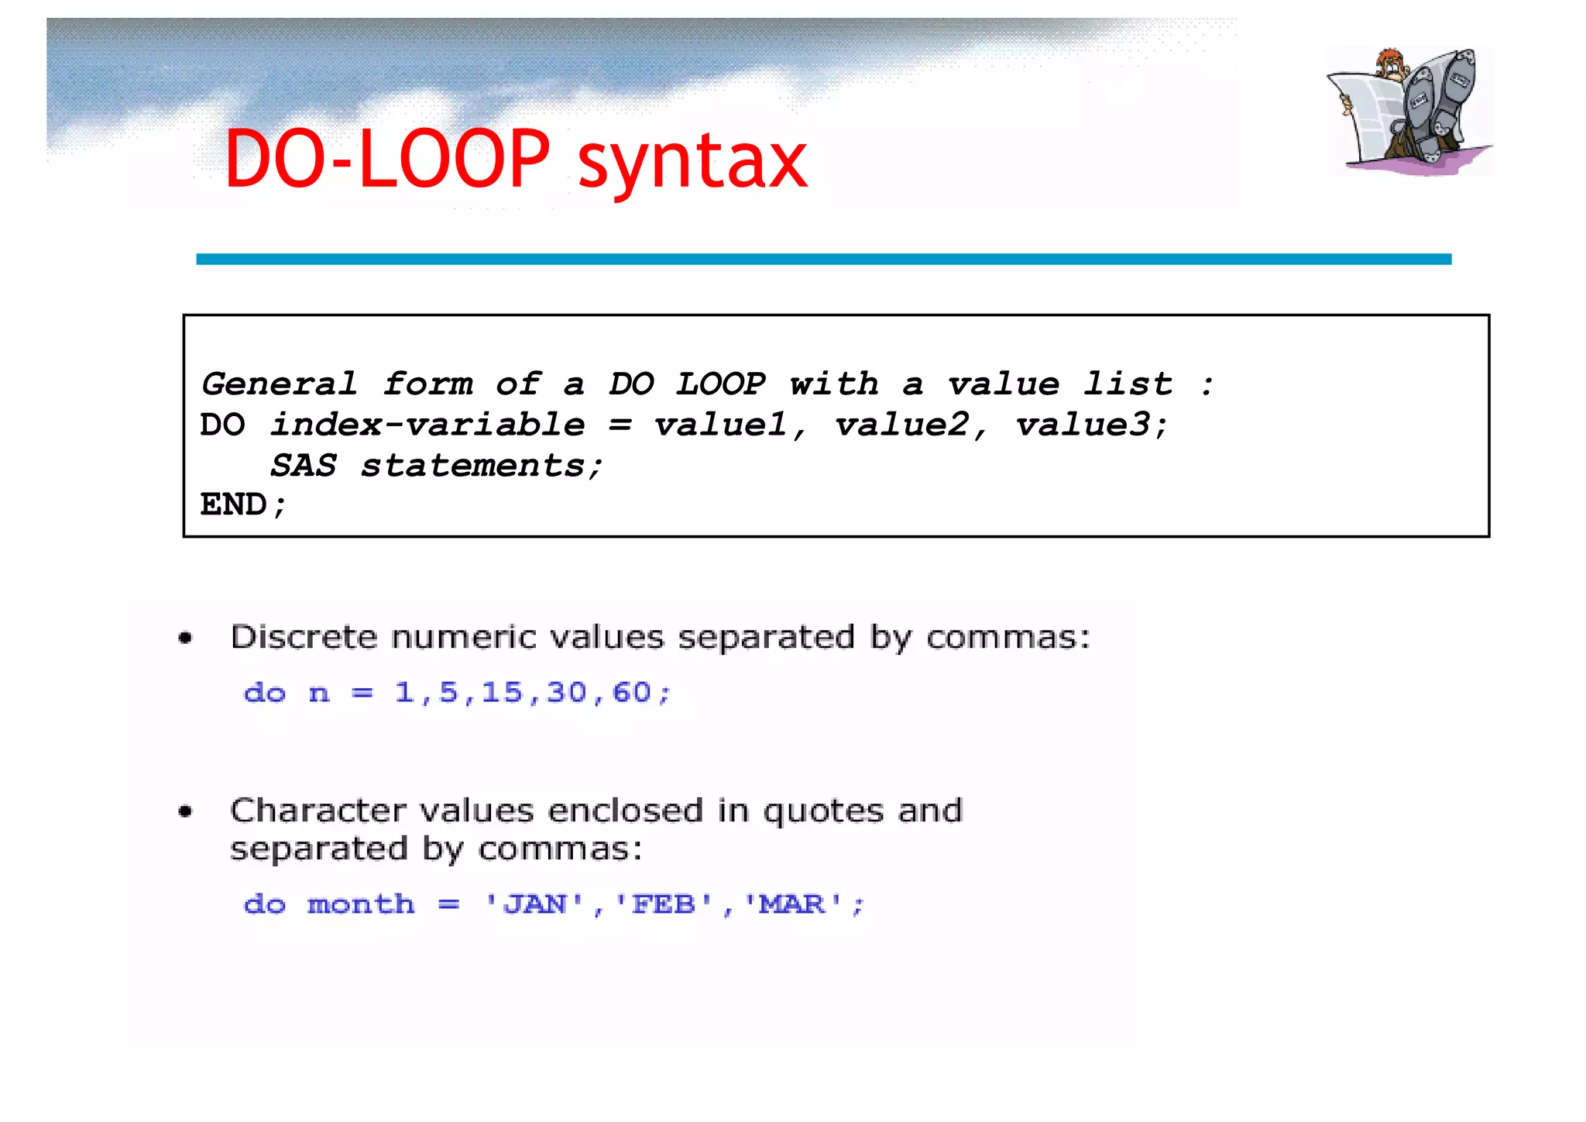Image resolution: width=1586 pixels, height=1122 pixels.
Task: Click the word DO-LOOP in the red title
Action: pyautogui.click(x=387, y=160)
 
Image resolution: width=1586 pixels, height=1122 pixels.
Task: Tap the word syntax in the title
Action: pyautogui.click(x=692, y=163)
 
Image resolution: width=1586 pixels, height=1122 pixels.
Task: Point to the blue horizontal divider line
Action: pyautogui.click(x=823, y=259)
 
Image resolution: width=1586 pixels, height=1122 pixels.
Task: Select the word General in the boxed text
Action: pyautogui.click(x=280, y=384)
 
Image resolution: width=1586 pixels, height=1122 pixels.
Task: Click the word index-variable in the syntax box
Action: pyautogui.click(x=427, y=425)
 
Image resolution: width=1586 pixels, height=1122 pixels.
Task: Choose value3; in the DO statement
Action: pyautogui.click(x=1090, y=425)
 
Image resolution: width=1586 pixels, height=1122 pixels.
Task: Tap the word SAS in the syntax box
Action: pyautogui.click(x=303, y=466)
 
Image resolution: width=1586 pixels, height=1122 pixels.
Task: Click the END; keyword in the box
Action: pyautogui.click(x=243, y=505)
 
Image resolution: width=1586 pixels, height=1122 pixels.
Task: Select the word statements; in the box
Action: pyautogui.click(x=481, y=466)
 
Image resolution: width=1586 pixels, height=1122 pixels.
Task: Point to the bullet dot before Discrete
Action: pyautogui.click(x=185, y=638)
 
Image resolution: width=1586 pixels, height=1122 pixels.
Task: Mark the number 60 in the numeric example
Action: pyautogui.click(x=632, y=692)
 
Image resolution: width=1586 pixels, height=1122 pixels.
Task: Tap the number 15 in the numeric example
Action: pyautogui.click(x=502, y=692)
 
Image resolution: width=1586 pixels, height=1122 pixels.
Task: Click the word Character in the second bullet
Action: pyautogui.click(x=318, y=811)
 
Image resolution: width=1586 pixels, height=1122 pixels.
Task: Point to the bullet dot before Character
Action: pyautogui.click(x=185, y=812)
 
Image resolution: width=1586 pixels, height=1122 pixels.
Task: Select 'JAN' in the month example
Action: pyautogui.click(x=534, y=904)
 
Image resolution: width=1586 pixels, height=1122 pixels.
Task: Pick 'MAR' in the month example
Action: pyautogui.click(x=792, y=904)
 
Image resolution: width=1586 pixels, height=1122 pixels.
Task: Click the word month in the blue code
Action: pyautogui.click(x=361, y=904)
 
